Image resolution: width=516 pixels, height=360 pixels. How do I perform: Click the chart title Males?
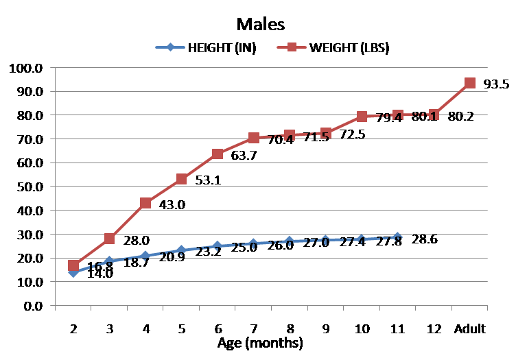click(260, 24)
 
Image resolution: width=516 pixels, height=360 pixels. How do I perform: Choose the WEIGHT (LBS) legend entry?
click(350, 48)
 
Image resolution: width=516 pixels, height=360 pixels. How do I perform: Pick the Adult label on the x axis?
click(470, 329)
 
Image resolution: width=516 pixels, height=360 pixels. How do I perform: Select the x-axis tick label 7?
click(254, 329)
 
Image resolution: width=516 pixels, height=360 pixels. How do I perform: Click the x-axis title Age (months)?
click(260, 342)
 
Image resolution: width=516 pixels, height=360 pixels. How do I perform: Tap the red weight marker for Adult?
click(470, 83)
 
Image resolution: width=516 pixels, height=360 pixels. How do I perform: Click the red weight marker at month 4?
click(145, 203)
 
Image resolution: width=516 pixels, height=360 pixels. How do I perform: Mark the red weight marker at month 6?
click(218, 154)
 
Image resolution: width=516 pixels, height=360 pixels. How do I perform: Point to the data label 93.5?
click(496, 84)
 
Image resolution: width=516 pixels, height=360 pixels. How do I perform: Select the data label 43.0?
click(172, 204)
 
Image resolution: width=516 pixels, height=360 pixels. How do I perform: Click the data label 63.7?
click(244, 156)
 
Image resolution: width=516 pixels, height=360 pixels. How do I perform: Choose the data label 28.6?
click(425, 239)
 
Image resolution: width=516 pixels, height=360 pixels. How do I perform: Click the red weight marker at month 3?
click(109, 239)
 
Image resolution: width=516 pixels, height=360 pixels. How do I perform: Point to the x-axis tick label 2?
click(73, 329)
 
